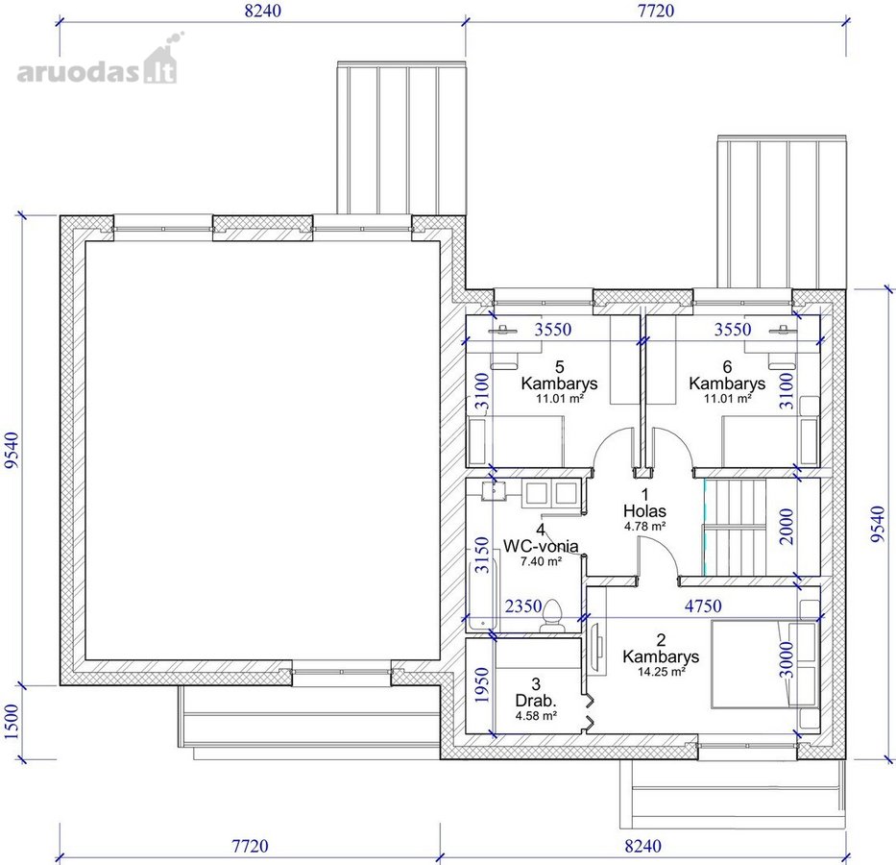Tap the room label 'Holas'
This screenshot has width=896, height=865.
pyautogui.click(x=644, y=510)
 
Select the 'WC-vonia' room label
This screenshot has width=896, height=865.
pyautogui.click(x=540, y=546)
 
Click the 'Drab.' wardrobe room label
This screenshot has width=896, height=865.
pyautogui.click(x=536, y=701)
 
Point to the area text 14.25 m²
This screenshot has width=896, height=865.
pyautogui.click(x=661, y=672)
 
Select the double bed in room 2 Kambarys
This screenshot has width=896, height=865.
pyautogui.click(x=764, y=664)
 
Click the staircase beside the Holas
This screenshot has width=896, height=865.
pyautogui.click(x=735, y=527)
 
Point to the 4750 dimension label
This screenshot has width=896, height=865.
pyautogui.click(x=703, y=605)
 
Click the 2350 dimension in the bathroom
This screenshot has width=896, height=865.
pyautogui.click(x=522, y=605)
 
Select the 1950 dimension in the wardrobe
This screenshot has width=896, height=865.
pyautogui.click(x=482, y=685)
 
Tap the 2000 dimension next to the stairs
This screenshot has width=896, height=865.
pyautogui.click(x=787, y=526)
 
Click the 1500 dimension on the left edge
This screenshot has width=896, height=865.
pyautogui.click(x=12, y=722)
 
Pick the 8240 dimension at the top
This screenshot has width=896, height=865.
pyautogui.click(x=263, y=11)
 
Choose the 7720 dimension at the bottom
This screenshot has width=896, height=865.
pyautogui.click(x=250, y=846)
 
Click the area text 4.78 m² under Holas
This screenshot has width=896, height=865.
pyautogui.click(x=644, y=526)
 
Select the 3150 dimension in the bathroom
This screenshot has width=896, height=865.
pyautogui.click(x=482, y=555)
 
